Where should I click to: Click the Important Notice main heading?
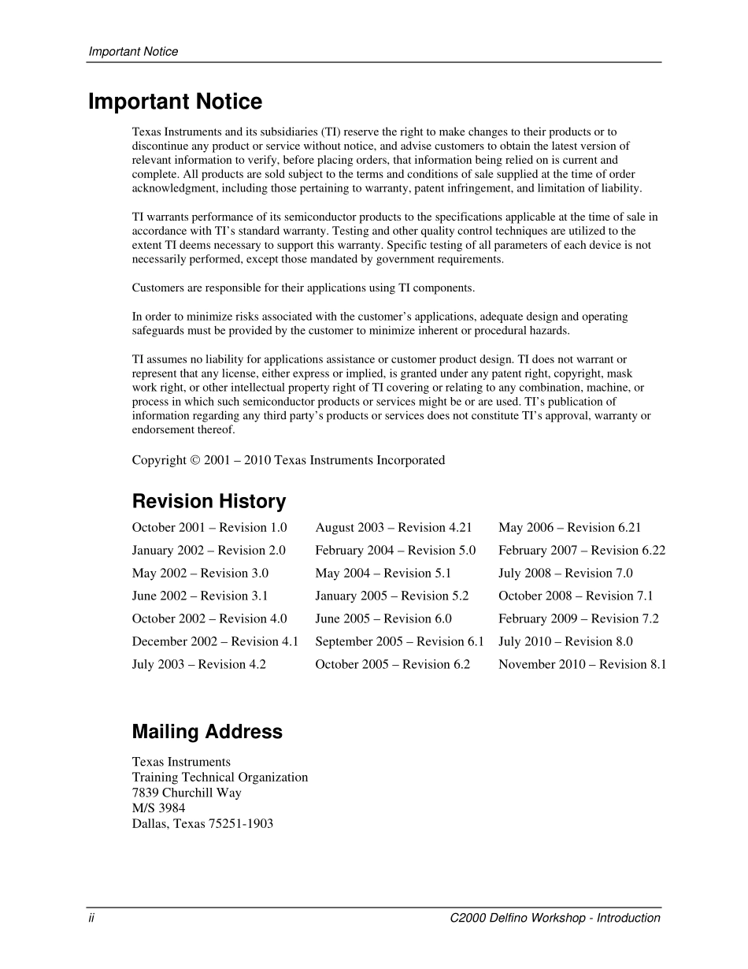click(175, 102)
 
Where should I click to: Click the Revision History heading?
click(209, 502)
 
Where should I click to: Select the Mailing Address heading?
click(207, 732)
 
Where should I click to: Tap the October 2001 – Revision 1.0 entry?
click(209, 528)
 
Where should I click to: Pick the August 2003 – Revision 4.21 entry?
click(394, 528)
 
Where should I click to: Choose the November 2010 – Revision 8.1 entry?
click(582, 665)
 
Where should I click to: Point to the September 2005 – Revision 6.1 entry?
click(399, 642)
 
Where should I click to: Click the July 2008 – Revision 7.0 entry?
click(565, 574)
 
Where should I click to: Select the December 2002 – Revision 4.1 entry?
click(215, 642)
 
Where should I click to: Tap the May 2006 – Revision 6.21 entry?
click(569, 528)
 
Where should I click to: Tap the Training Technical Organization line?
click(220, 778)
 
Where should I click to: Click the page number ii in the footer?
click(91, 918)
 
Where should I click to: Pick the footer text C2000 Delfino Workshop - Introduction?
click(555, 918)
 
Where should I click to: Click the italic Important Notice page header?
click(133, 52)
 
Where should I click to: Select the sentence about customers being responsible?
click(303, 288)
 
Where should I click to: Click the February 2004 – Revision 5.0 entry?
click(395, 551)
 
